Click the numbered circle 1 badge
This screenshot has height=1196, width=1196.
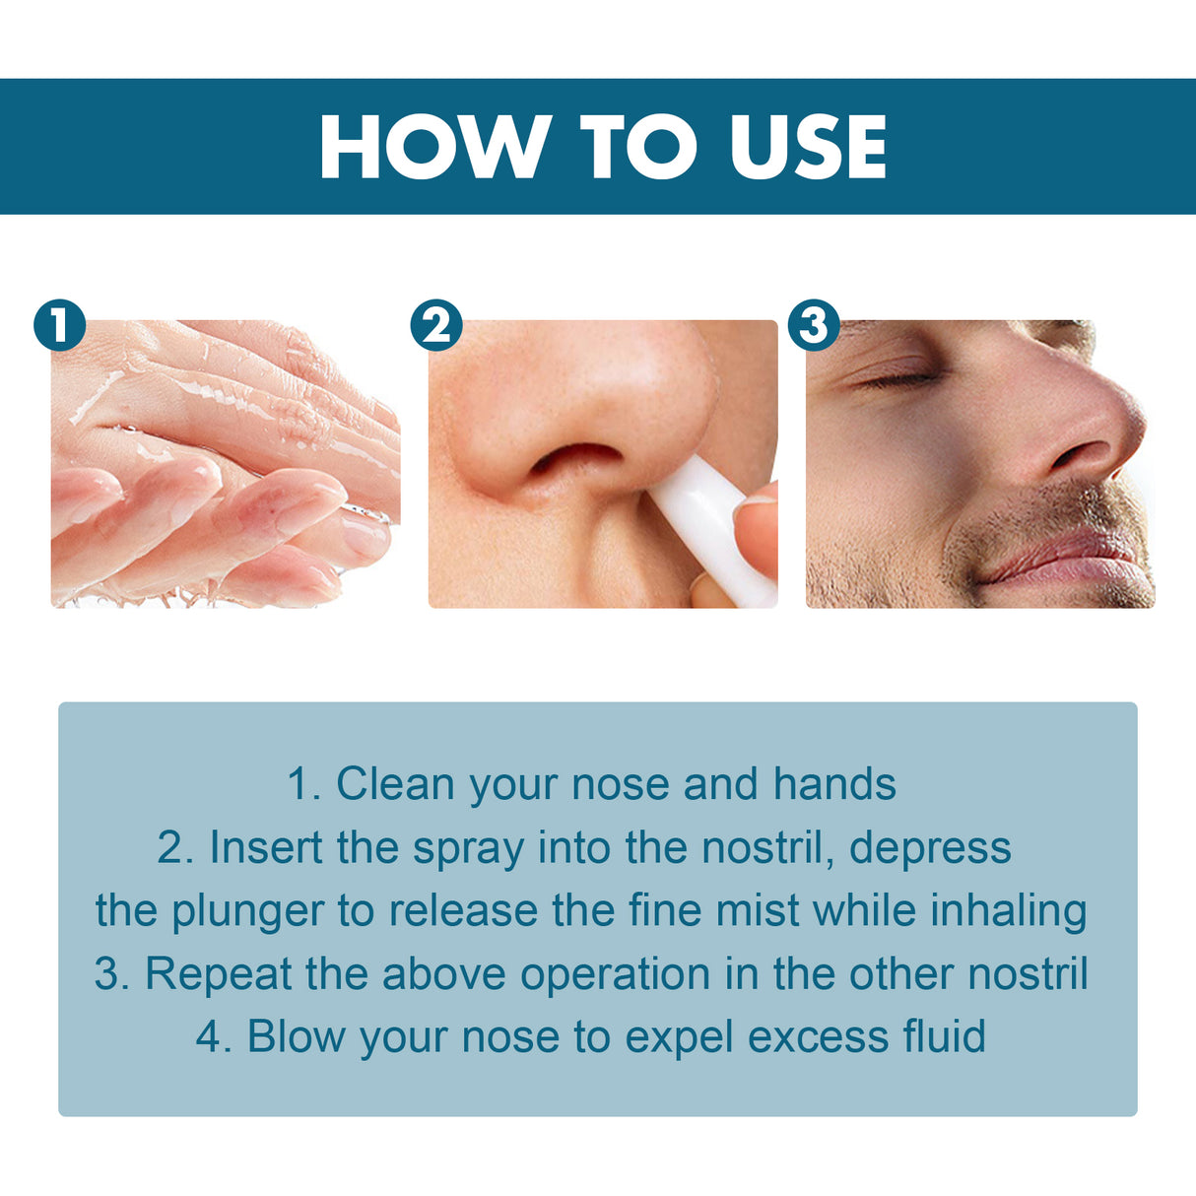pos(59,325)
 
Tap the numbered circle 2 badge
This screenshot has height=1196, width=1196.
pos(436,325)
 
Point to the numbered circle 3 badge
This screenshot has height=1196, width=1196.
pos(814,325)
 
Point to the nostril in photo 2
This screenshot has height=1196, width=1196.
pos(576,458)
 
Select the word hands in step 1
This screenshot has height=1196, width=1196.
pos(834,785)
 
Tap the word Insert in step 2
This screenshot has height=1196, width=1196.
pos(266,848)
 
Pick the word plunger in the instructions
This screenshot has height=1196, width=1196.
pos(247,912)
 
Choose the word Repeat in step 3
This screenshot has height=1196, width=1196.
pos(218,975)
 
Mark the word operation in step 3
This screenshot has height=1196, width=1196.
pos(616,975)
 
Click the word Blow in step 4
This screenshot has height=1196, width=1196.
pos(295,1037)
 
